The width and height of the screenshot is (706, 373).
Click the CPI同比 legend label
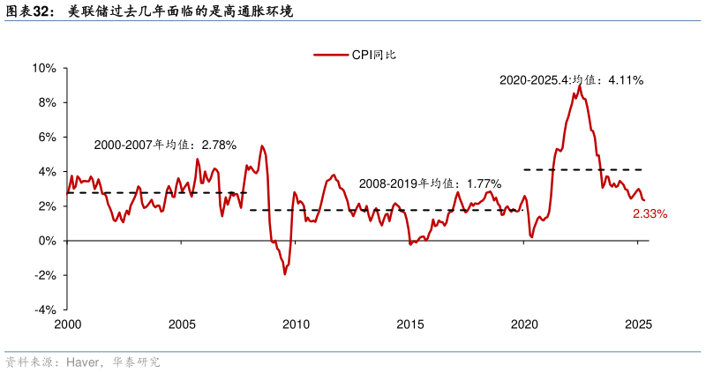tap(374, 55)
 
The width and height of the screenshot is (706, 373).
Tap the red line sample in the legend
tap(332, 55)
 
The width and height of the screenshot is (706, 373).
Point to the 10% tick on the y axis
tap(44, 68)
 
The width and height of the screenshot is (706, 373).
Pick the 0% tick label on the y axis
tap(47, 241)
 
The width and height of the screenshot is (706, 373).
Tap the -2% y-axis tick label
tap(45, 275)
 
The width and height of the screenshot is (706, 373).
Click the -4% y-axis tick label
tap(45, 310)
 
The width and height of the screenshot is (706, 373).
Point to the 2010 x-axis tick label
tap(296, 325)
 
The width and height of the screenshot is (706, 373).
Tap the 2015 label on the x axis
tap(409, 325)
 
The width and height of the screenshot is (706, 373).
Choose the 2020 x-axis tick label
tap(523, 325)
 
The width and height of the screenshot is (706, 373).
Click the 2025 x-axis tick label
tap(637, 325)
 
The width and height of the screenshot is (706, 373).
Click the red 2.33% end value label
tap(650, 214)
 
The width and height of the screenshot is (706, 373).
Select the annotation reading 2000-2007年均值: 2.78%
tap(165, 145)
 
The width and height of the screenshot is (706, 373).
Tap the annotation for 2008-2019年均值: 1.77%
tap(430, 183)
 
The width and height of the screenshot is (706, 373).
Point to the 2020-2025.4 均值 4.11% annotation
tap(571, 80)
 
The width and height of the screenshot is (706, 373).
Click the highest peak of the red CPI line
tap(579, 86)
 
